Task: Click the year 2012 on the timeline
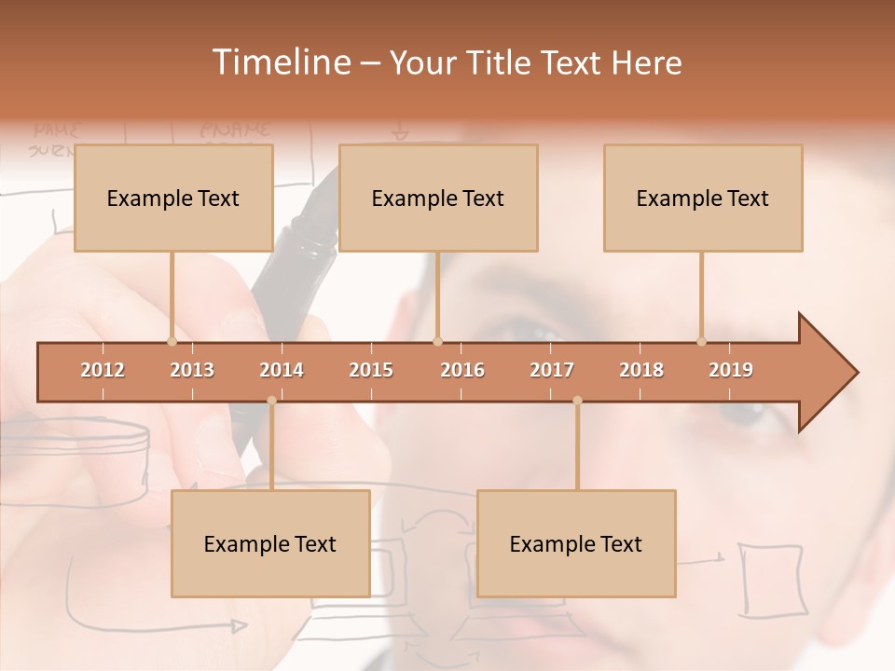point(103,370)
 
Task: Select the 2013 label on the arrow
point(192,370)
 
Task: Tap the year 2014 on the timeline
point(282,370)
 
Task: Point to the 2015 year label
point(371,370)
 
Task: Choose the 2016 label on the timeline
point(462,370)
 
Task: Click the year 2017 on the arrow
point(552,370)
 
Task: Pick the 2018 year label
point(641,370)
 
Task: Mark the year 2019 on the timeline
point(731,370)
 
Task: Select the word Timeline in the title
point(280,62)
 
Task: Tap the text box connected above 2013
point(173,198)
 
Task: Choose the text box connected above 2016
point(438,198)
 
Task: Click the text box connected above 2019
point(703,198)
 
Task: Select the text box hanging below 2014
point(270,543)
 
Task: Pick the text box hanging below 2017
point(576,543)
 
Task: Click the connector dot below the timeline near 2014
point(271,401)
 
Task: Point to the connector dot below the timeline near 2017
point(577,401)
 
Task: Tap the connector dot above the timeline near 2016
point(438,341)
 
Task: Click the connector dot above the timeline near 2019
point(702,341)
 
